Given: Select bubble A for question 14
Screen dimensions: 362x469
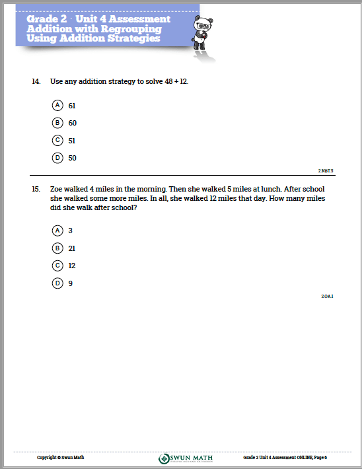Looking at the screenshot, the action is [x=57, y=106].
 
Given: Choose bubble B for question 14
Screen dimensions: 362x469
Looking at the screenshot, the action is [x=57, y=123].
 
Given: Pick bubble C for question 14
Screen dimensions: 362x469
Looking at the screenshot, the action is [x=57, y=140].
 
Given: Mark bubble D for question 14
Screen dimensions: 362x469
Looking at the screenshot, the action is [x=57, y=157].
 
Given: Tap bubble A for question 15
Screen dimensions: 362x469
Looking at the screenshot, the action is [x=57, y=231].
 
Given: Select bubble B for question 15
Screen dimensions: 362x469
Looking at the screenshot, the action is [x=57, y=248].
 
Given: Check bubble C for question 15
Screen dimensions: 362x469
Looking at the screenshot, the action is [x=57, y=266].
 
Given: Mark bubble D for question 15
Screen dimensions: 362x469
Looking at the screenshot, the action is [x=57, y=283].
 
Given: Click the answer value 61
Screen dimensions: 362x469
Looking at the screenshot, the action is [x=72, y=106].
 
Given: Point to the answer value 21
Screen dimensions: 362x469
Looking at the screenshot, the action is [x=72, y=248].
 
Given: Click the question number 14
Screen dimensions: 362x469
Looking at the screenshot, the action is [x=36, y=82].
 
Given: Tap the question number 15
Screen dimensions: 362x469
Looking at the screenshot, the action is [x=36, y=189].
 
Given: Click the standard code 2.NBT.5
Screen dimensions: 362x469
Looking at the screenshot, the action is [x=326, y=170].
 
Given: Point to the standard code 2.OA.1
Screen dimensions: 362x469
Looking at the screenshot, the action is [x=327, y=297].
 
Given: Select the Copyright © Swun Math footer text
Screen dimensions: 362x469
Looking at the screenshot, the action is [x=60, y=457].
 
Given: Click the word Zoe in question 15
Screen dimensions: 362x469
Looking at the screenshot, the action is [x=57, y=189].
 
